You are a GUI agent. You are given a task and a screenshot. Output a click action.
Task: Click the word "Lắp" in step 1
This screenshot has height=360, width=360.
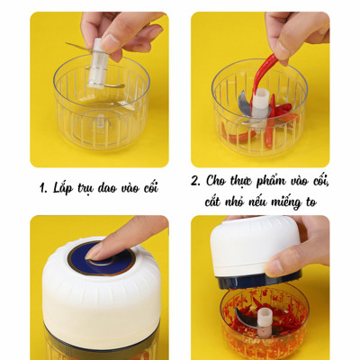point(65,189)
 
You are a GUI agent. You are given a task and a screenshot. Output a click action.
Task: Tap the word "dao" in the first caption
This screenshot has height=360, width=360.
point(111,189)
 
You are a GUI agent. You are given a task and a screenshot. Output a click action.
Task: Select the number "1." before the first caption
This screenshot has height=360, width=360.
point(42,189)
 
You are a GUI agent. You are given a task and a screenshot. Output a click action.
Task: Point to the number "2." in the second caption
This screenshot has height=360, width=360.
point(197,181)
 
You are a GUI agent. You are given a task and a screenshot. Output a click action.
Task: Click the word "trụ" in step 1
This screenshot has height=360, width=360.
point(88,189)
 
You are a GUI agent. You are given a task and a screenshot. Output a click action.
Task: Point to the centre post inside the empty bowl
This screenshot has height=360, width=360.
point(100,123)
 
